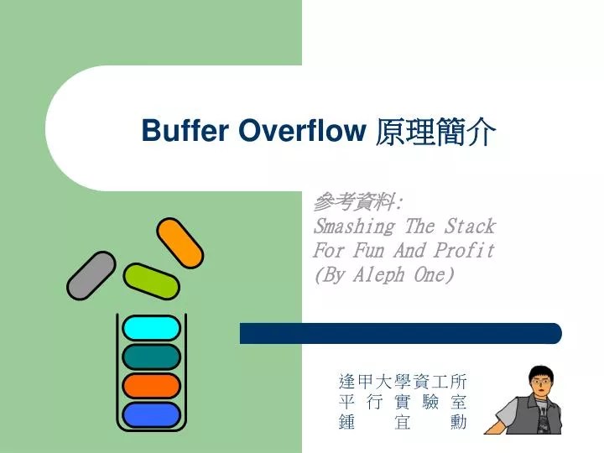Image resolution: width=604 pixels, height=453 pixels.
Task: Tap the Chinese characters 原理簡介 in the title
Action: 435,131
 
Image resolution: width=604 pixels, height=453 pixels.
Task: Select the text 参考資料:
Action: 357,202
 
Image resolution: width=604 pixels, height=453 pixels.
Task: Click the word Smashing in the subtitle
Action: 353,226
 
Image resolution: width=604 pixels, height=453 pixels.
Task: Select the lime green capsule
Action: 151,281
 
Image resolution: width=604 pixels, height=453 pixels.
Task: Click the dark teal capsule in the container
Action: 151,357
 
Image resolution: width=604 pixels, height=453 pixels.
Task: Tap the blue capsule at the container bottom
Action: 151,414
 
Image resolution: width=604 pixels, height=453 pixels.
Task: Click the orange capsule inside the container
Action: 151,386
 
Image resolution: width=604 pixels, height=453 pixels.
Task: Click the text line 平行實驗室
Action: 401,403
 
